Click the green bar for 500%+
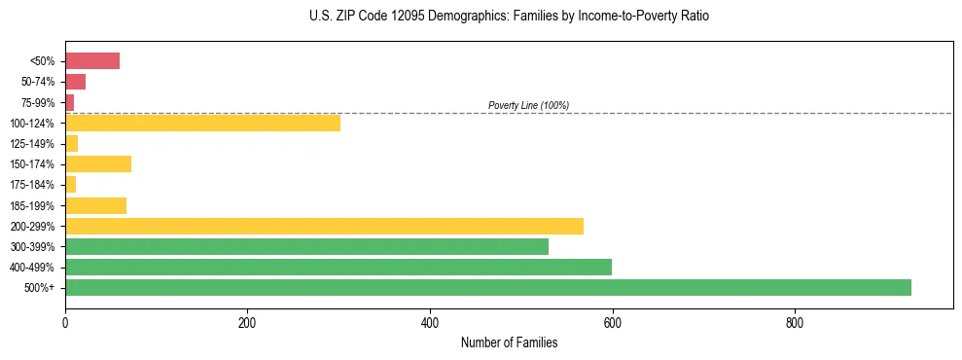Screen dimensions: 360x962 pos(487,287)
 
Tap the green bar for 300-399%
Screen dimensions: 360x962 pos(306,246)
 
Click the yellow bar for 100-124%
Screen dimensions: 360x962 pos(202,123)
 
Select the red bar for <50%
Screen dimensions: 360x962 pos(92,61)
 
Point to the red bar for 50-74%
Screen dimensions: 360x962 pos(75,82)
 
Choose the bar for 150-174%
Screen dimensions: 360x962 pos(98,163)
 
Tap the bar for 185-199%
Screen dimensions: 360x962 pos(95,205)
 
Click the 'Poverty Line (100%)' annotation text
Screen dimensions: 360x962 pos(528,105)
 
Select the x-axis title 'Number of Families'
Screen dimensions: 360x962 pos(509,342)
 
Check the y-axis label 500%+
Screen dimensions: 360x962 pos(41,288)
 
